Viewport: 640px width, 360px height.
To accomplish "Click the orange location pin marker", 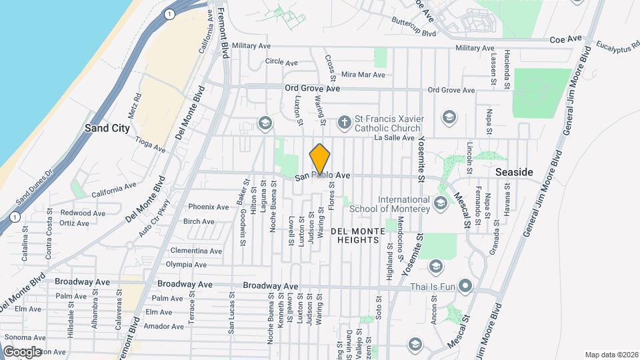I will tap(320, 159).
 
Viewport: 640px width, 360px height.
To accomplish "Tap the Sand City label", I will tap(107, 128).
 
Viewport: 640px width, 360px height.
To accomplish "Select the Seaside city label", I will tap(514, 172).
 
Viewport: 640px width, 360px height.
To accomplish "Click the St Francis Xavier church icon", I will tap(344, 122).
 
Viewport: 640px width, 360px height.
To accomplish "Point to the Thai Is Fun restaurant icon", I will tap(465, 287).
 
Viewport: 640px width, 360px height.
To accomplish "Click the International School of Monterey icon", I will tap(440, 202).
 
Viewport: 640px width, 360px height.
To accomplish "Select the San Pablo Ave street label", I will tap(323, 176).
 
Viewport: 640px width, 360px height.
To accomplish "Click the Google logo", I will tap(22, 351).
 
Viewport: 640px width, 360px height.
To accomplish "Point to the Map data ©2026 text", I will tap(611, 354).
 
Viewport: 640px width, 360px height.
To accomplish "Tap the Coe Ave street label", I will tap(566, 39).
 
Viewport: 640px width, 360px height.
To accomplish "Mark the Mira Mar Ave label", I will tap(363, 75).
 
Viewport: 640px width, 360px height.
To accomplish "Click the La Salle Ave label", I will tap(394, 138).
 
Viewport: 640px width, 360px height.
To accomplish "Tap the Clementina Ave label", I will tap(196, 251).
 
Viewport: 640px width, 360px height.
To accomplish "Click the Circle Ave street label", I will tap(281, 61).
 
